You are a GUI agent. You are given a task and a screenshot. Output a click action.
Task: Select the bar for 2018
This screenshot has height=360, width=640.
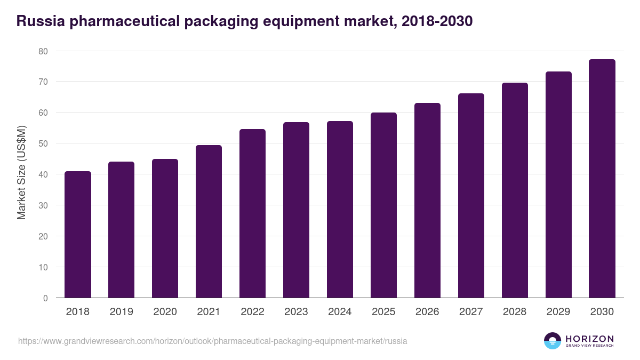pyautogui.click(x=78, y=235)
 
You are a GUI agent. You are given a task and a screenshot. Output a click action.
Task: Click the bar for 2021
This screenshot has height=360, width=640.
pyautogui.click(x=209, y=221)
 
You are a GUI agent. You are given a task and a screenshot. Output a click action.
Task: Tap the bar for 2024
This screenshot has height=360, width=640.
pyautogui.click(x=340, y=210)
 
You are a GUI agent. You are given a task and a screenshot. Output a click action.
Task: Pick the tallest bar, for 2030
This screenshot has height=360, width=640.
pyautogui.click(x=602, y=179)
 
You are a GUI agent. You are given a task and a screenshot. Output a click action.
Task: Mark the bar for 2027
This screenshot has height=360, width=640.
pyautogui.click(x=471, y=196)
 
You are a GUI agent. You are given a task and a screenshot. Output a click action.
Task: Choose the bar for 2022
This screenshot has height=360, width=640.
pyautogui.click(x=252, y=213)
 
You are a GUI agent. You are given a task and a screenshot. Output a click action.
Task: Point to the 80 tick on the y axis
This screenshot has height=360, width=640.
pyautogui.click(x=43, y=51)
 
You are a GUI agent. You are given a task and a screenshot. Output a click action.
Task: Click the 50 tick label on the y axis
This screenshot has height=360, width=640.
pyautogui.click(x=43, y=143)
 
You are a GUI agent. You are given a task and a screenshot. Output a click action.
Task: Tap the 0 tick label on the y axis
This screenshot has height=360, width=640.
pyautogui.click(x=45, y=298)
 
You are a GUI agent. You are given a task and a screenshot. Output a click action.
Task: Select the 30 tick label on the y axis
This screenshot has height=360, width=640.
pyautogui.click(x=43, y=205)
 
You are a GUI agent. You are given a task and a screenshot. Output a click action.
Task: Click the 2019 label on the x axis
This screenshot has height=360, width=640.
pyautogui.click(x=122, y=312)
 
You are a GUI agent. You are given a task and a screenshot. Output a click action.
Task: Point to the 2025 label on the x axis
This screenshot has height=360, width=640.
pyautogui.click(x=383, y=312)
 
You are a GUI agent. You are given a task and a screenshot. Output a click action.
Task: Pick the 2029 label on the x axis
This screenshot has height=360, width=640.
pyautogui.click(x=558, y=312)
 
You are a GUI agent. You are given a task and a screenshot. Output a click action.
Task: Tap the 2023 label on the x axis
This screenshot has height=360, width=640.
pyautogui.click(x=296, y=312)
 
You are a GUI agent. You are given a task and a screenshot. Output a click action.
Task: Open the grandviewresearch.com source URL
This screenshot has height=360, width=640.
pyautogui.click(x=213, y=341)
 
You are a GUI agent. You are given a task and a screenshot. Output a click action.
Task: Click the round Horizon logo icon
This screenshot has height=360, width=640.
pyautogui.click(x=553, y=341)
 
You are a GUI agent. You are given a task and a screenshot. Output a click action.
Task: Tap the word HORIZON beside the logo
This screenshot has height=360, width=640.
pyautogui.click(x=589, y=339)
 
